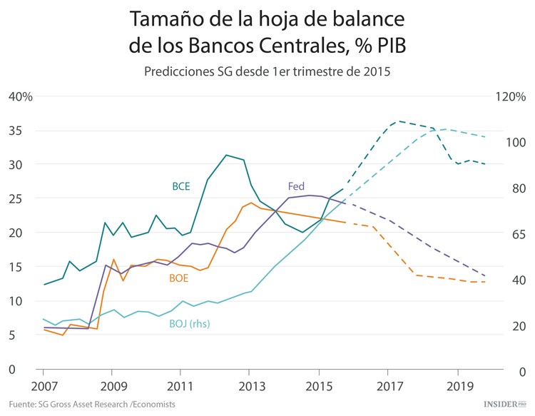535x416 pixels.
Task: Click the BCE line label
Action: [181, 186]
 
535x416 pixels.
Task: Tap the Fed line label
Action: [296, 186]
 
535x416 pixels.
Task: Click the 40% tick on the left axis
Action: [21, 97]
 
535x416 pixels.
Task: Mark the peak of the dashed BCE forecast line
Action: [398, 121]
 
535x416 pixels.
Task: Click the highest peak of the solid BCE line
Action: [226, 155]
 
